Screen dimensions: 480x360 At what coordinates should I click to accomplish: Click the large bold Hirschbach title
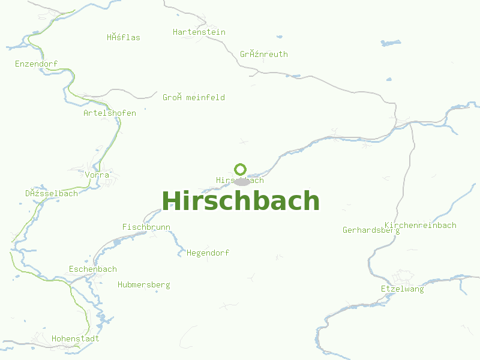[240, 201]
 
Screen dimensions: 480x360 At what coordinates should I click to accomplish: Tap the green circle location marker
[241, 169]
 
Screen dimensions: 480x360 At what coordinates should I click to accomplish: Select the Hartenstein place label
[199, 32]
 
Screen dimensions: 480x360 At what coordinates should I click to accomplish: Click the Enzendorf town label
[36, 64]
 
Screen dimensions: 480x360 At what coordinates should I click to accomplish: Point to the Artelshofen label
[110, 113]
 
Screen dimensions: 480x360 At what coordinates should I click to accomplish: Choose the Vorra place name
[97, 175]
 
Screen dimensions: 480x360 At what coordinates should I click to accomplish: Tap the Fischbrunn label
[146, 227]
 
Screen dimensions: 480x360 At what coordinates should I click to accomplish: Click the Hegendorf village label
[208, 253]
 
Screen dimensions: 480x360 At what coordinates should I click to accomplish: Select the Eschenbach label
[93, 269]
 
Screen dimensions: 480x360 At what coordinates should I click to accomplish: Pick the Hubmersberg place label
[144, 284]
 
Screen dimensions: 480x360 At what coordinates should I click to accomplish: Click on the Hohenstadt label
[76, 338]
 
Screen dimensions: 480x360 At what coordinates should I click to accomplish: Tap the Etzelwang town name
[402, 289]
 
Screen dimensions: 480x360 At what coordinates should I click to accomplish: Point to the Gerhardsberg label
[371, 230]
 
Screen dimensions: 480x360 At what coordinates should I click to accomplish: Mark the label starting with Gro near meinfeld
[194, 97]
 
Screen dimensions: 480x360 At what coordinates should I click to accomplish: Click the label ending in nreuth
[264, 54]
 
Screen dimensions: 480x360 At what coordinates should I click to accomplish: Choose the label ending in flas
[124, 37]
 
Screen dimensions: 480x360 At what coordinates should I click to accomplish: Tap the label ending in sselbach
[52, 193]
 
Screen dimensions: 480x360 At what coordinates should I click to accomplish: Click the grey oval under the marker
[241, 181]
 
